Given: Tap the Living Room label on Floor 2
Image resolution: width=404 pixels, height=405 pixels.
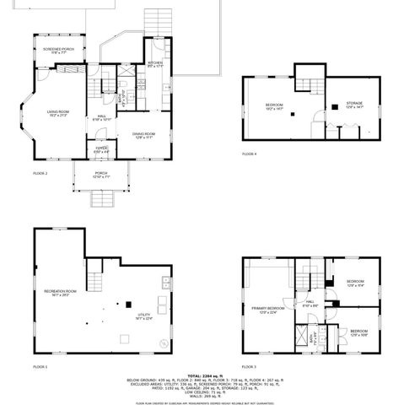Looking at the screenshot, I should click(58, 113).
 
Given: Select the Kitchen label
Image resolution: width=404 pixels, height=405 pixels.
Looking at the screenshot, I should click(155, 64).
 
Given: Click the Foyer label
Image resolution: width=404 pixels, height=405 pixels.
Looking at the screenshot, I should click(101, 150).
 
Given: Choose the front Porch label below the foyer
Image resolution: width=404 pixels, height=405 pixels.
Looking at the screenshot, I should click(101, 175).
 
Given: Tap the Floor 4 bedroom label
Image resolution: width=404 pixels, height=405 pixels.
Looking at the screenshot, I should click(274, 105).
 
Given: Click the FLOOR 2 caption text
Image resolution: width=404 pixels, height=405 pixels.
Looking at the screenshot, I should click(40, 173).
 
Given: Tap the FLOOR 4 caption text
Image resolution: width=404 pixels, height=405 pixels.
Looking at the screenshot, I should click(250, 154).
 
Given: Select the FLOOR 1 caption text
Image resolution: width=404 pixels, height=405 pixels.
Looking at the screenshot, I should click(40, 367).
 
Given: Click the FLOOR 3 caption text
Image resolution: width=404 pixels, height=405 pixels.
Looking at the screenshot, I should click(250, 367).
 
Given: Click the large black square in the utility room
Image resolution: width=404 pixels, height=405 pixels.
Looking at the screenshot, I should click(128, 305).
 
